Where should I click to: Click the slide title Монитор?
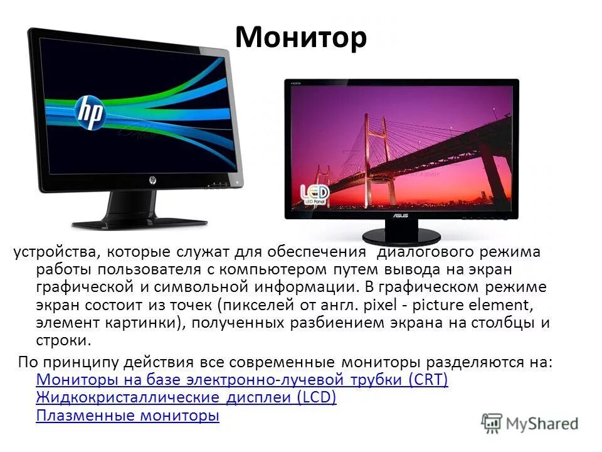coord(300,38)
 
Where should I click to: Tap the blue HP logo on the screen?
coord(89,112)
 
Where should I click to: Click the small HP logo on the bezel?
coord(152,180)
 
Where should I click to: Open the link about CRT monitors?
coord(242,380)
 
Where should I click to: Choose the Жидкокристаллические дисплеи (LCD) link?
coord(186,398)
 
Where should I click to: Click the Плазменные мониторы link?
coord(127,416)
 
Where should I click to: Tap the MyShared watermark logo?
coord(530,422)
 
